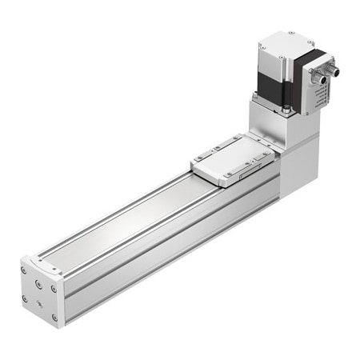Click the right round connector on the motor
tap(332, 70)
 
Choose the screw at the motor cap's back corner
tap(290, 34)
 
